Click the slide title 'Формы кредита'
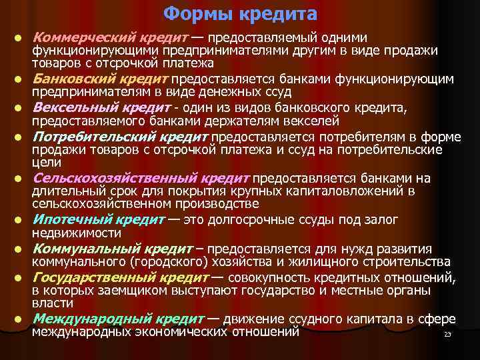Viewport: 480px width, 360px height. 240,13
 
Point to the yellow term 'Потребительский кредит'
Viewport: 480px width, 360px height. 121,137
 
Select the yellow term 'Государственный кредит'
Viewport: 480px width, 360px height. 121,277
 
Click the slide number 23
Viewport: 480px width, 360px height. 447,334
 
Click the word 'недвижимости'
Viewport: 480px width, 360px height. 77,233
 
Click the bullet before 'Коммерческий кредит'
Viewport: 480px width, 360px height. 21,38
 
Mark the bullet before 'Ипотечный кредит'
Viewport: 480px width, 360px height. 21,220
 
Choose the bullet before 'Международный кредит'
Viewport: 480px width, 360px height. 21,319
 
